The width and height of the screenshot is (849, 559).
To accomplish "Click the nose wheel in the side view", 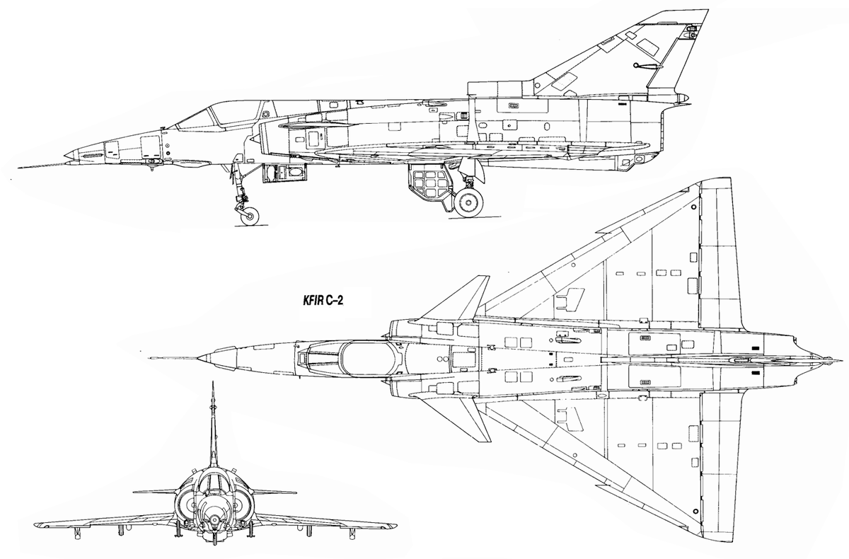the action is coord(250,216).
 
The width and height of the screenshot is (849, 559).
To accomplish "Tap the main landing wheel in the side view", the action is coord(469,202).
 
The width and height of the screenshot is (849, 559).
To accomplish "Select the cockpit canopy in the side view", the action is coord(221,115).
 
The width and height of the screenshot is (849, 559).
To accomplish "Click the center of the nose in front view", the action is coord(215,519).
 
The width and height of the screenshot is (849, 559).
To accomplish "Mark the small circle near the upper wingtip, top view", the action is coord(693,207).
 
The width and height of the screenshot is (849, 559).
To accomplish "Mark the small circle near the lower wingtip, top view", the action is coord(695,511).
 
